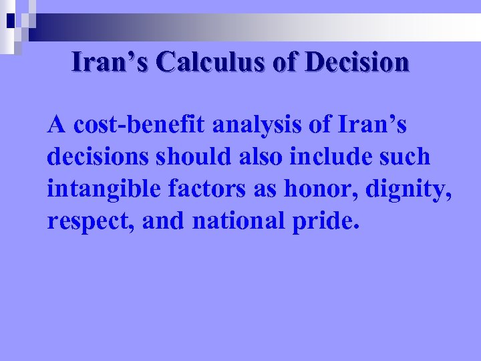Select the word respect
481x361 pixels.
[84, 221]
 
